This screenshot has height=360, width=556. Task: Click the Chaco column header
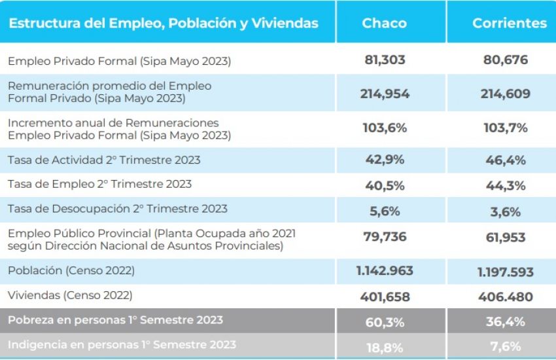pos(385,23)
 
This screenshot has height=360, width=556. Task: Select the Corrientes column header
pos(509,23)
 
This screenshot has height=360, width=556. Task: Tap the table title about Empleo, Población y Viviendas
pos(164,23)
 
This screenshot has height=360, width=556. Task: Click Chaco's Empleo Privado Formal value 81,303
pos(385,60)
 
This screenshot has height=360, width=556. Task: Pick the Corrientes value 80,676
pos(506,60)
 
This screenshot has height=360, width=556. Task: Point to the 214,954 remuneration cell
pos(385,93)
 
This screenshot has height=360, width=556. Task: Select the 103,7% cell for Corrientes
pos(506,128)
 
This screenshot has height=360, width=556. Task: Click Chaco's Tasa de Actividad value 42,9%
pos(385,159)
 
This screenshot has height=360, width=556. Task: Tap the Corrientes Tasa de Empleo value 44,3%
pos(506,185)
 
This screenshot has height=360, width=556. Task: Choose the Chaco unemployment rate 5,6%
pos(385,211)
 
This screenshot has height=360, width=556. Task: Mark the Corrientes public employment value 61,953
pos(506,237)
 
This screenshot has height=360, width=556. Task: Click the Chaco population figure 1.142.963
pos(385,270)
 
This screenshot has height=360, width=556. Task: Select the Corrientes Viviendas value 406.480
pos(506,297)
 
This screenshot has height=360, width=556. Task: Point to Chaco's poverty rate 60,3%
pos(385,321)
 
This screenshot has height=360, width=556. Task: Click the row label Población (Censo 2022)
pos(71,270)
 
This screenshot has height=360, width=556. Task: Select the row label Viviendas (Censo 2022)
pos(70,295)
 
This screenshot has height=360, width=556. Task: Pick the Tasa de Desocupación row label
pos(118,209)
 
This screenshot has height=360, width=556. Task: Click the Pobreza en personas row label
pos(115,320)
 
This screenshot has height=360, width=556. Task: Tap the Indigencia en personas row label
pos(122,344)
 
